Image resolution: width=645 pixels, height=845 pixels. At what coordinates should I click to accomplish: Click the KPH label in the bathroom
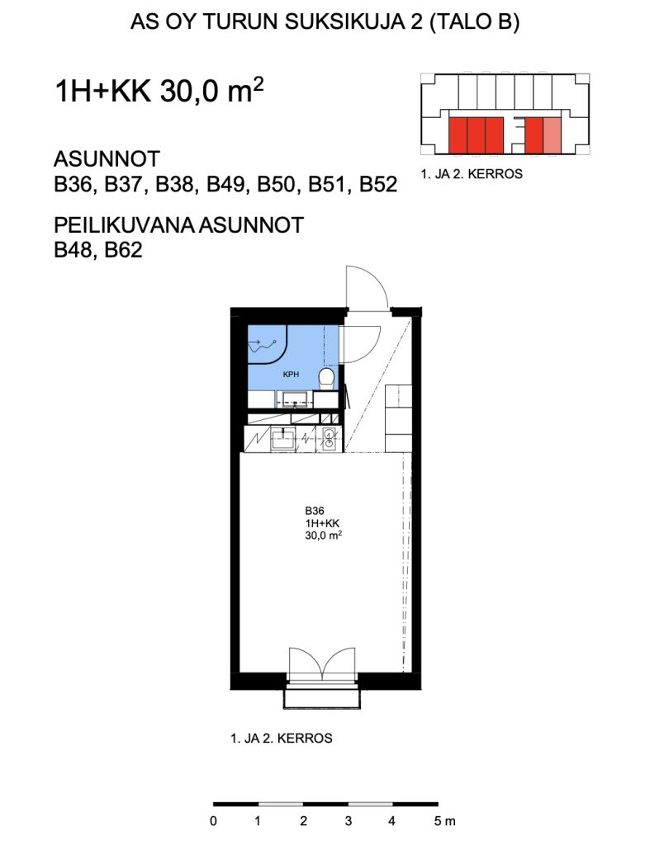290,374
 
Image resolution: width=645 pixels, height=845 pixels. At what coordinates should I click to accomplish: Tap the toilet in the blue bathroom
326,378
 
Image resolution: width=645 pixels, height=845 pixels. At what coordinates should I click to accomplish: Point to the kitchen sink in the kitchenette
284,439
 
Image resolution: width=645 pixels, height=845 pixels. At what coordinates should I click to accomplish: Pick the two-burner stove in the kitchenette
330,438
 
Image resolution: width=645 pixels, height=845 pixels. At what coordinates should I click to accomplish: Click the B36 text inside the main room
314,510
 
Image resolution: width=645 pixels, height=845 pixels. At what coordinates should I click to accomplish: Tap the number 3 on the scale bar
349,821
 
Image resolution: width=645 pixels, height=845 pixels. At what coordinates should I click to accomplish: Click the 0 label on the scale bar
214,821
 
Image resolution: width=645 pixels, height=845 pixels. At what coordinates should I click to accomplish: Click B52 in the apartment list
377,185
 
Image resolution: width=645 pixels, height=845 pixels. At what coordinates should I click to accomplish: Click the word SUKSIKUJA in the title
329,24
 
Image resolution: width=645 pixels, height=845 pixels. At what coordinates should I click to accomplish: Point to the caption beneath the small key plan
472,175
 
